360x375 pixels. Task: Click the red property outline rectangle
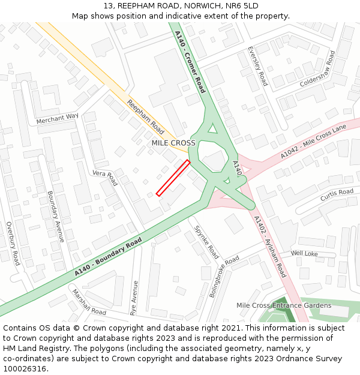click(173, 178)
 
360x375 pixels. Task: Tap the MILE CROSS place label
click(173, 143)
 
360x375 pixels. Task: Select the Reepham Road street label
click(145, 117)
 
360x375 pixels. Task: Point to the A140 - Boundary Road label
click(109, 257)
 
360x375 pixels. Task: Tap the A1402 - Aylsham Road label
click(269, 246)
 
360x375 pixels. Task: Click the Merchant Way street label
click(58, 119)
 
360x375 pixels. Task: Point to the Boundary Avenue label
click(56, 216)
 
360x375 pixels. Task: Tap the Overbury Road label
click(13, 243)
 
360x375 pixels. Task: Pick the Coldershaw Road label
click(318, 69)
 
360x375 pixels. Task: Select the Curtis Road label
click(337, 195)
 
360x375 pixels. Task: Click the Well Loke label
click(304, 254)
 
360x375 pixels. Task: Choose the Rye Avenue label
click(134, 298)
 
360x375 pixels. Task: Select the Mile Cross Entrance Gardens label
click(284, 305)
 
